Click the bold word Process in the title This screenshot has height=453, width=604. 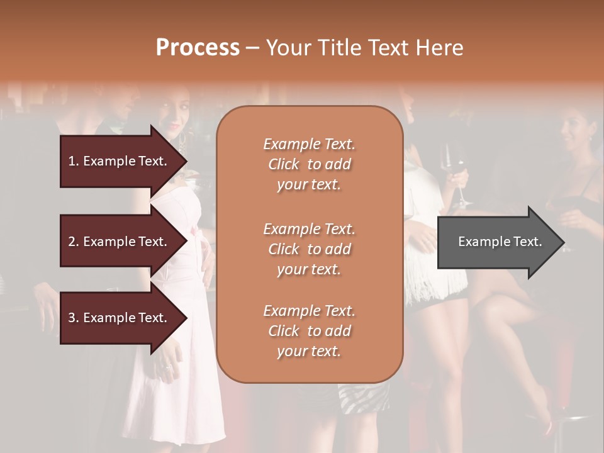coord(198,47)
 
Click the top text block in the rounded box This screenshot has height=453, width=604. coord(309,164)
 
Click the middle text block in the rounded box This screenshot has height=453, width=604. coord(309,249)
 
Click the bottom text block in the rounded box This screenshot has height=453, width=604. coord(309,331)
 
